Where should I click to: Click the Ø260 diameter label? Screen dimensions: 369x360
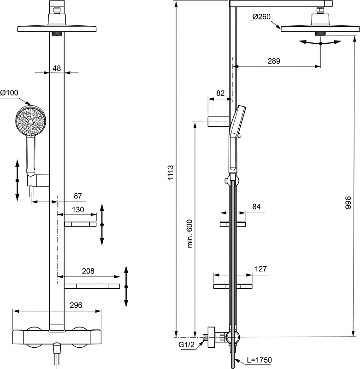click(x=262, y=18)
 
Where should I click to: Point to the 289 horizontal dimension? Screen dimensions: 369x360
click(x=274, y=61)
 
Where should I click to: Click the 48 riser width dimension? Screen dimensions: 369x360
click(x=57, y=68)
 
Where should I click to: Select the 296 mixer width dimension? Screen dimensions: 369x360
click(x=76, y=305)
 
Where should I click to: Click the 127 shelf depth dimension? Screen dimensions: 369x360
click(x=260, y=269)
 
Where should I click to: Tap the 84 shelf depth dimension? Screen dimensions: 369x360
click(x=256, y=207)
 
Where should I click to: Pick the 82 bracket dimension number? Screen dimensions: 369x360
click(x=221, y=93)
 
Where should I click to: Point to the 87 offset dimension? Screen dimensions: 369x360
click(x=77, y=196)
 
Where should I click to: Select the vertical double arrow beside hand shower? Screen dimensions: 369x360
click(x=17, y=180)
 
